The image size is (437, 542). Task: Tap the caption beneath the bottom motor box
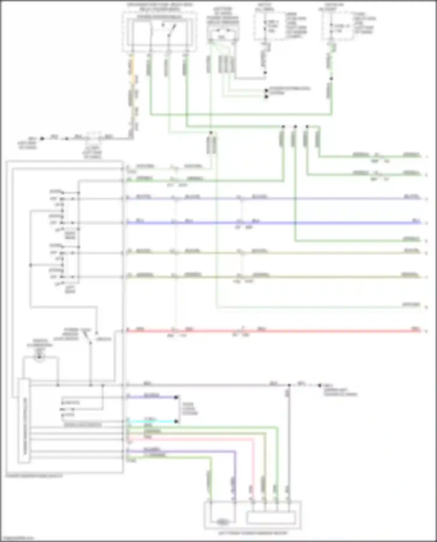coord(252,533)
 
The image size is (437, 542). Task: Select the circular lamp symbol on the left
coord(39,357)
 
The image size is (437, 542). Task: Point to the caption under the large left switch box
coord(34,476)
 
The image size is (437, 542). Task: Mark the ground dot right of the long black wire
coord(320,385)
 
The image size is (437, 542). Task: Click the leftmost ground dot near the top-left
coord(42,139)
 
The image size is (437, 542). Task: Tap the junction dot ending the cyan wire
coord(176,421)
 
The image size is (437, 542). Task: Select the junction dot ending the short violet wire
coord(176,397)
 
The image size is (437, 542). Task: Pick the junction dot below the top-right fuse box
coord(331,78)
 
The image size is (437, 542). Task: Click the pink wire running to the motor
coord(252,466)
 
